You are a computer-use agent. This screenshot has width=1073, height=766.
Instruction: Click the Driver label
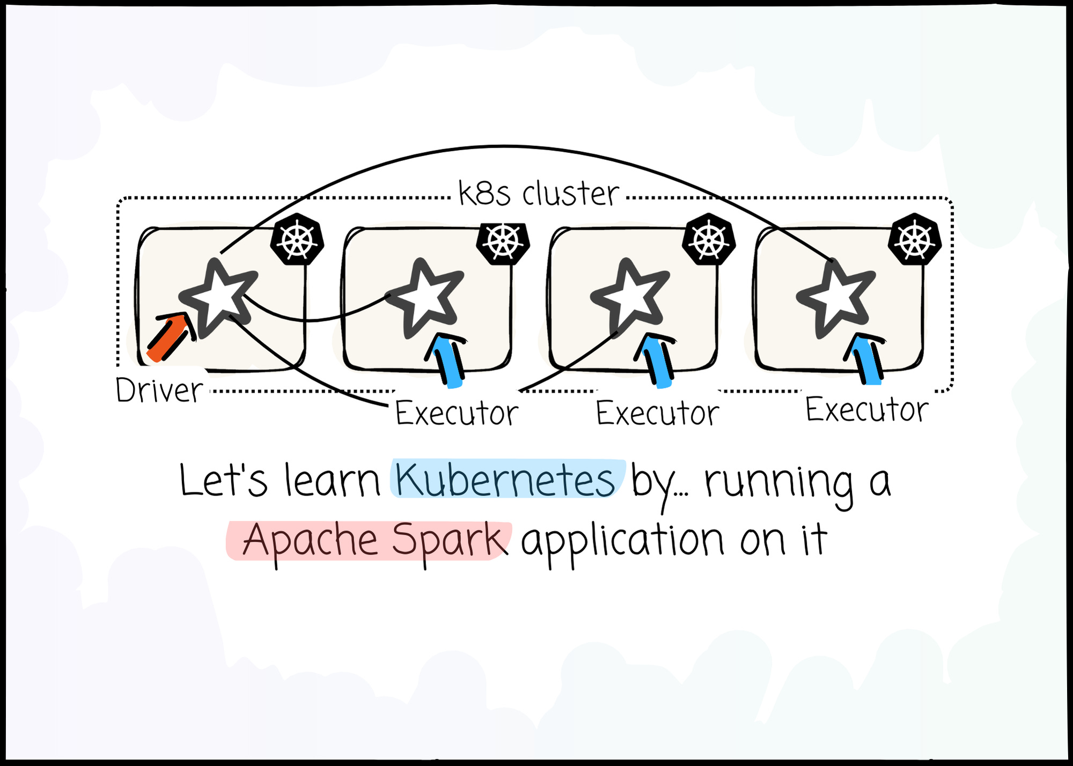click(159, 390)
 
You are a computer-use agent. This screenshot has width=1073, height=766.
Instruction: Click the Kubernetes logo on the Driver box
click(297, 239)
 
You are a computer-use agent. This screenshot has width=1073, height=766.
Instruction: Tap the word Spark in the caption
click(449, 540)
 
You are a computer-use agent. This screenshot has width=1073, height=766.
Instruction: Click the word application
click(622, 540)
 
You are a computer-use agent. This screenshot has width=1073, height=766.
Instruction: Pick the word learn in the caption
click(332, 480)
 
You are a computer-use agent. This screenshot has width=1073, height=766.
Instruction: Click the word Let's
click(223, 480)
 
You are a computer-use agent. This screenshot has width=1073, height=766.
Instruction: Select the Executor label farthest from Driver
click(866, 410)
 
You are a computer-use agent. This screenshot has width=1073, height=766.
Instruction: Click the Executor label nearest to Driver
click(457, 413)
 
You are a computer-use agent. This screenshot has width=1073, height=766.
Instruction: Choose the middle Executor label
click(657, 413)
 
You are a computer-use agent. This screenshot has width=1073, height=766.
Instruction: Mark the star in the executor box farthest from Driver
click(834, 298)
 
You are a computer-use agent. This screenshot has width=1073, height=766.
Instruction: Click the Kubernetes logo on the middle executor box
click(709, 239)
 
